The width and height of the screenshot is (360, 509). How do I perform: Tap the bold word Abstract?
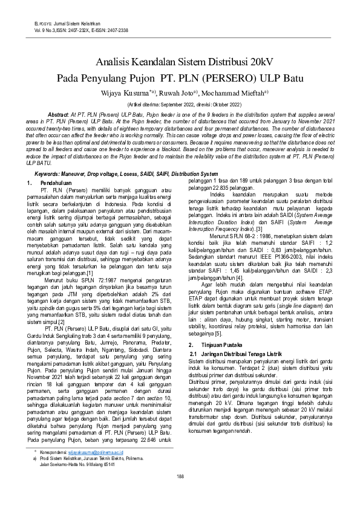pyautogui.click(x=58, y=114)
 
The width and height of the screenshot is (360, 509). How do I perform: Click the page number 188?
pyautogui.click(x=180, y=476)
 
